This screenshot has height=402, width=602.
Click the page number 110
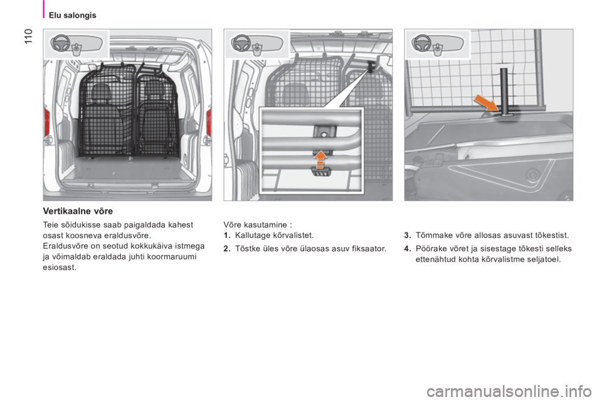(29, 36)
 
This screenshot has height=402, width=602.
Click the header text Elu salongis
(73, 15)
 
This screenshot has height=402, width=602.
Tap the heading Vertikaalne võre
(78, 211)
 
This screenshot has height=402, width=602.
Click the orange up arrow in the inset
(319, 160)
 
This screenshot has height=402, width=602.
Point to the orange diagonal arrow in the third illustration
(486, 103)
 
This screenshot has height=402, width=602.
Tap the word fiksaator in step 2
(370, 249)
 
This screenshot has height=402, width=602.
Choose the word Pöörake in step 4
(429, 249)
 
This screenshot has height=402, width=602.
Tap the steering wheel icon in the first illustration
(61, 43)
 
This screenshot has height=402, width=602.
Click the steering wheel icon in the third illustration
(421, 43)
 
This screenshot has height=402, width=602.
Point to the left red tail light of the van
(47, 121)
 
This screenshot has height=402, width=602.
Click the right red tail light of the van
(208, 122)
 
